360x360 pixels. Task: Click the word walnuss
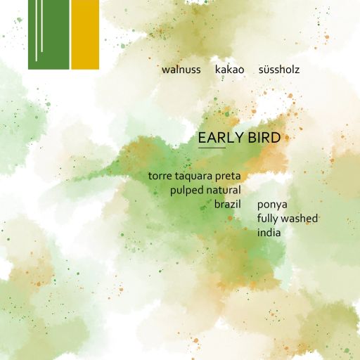point(181,70)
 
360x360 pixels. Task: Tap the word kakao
point(230,70)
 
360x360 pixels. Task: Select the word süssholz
point(279,70)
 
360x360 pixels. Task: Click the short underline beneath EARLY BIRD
point(212,148)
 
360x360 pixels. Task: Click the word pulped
point(186,191)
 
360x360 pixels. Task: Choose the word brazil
point(228,204)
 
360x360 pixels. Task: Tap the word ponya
point(272,205)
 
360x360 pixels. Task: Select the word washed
point(300,218)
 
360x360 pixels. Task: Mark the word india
point(269,232)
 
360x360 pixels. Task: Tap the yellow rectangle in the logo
point(84,34)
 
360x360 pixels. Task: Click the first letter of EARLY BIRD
point(202,138)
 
